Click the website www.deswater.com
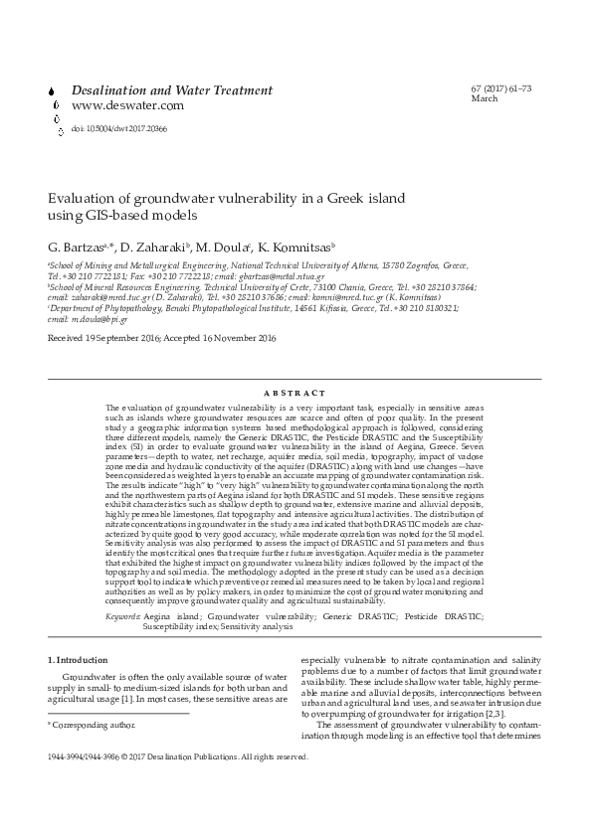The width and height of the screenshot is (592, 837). pyautogui.click(x=127, y=105)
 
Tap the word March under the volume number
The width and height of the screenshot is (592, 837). pyautogui.click(x=484, y=99)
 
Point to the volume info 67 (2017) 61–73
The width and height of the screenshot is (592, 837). pyautogui.click(x=501, y=89)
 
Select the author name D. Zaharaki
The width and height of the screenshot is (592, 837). pyautogui.click(x=154, y=246)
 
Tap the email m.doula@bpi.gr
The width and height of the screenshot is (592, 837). pyautogui.click(x=93, y=318)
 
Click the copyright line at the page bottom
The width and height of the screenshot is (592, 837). pyautogui.click(x=179, y=756)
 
